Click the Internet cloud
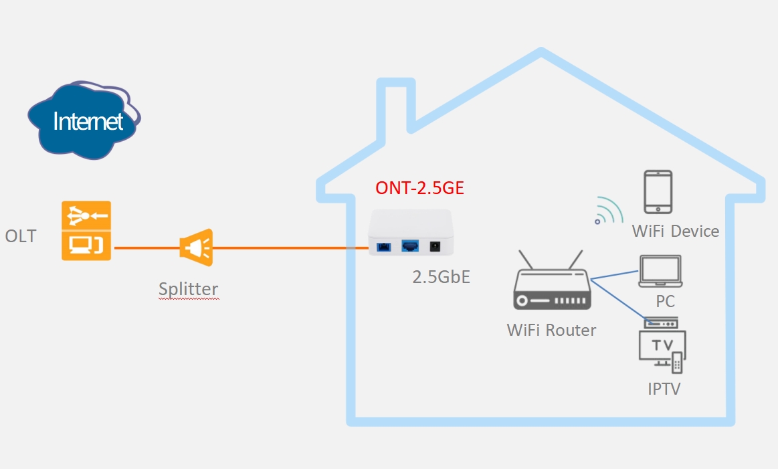click(x=88, y=120)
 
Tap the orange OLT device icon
click(x=86, y=231)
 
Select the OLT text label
click(x=21, y=236)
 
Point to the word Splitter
click(x=188, y=289)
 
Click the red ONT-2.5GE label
click(x=419, y=188)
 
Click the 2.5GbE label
click(x=441, y=276)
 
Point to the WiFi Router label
click(x=551, y=330)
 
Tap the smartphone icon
click(x=658, y=192)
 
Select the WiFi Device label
click(x=676, y=231)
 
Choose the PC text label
click(x=665, y=301)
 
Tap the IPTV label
click(x=664, y=389)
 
